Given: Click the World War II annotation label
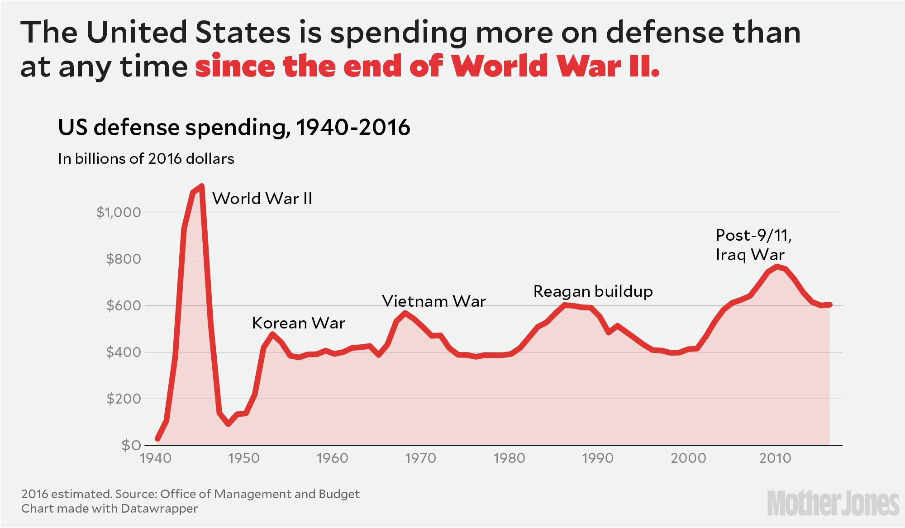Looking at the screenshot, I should [262, 199].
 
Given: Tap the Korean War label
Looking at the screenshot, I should [299, 323].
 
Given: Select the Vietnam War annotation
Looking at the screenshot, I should [434, 301].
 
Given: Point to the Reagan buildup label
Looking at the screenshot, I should [593, 291].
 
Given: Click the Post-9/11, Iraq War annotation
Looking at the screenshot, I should [753, 245].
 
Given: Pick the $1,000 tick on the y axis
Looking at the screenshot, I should [119, 212].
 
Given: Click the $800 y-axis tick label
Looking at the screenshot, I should [123, 259].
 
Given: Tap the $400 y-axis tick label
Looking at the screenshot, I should [123, 352].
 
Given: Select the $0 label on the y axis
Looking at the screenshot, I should [131, 446].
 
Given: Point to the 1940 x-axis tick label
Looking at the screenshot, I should [156, 458].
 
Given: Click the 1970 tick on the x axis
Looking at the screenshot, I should [420, 458].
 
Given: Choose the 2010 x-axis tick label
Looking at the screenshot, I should [775, 458].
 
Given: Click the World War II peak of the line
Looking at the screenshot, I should [201, 186].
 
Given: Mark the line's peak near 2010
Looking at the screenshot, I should [776, 266].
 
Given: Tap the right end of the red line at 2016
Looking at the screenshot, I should [829, 304].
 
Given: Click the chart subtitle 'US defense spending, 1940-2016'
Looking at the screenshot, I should [234, 128].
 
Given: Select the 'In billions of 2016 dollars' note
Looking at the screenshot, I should [146, 159].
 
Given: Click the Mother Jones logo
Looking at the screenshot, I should [833, 503].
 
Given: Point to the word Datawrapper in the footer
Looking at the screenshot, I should [159, 509].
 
